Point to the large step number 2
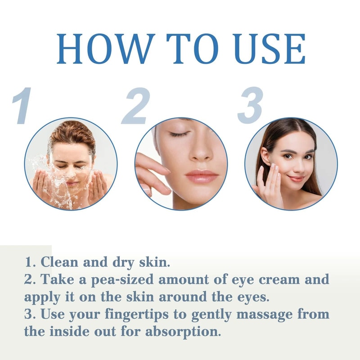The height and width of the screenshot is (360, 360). (135, 107)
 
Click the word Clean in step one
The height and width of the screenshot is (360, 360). (60, 262)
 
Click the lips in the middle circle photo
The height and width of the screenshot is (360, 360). (201, 175)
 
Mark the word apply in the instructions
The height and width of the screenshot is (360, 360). (41, 297)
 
